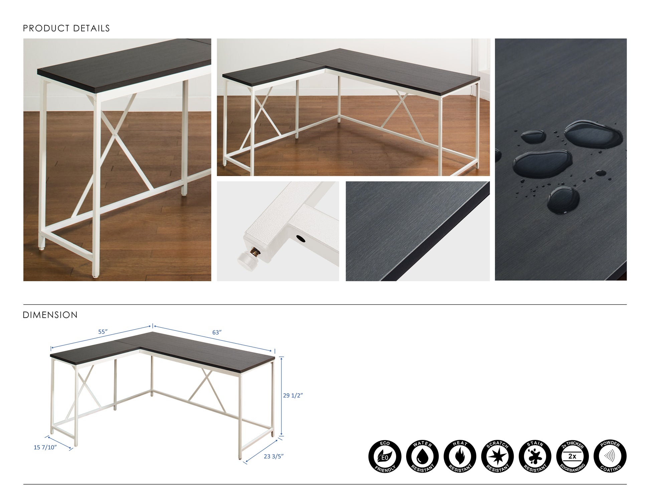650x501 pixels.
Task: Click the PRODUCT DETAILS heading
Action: tap(66, 28)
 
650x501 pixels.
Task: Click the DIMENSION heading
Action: tap(50, 315)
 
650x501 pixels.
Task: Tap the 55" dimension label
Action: tap(103, 332)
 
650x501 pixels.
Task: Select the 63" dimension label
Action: tap(217, 332)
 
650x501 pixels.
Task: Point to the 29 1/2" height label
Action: tap(293, 395)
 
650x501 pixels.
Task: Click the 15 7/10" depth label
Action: tap(45, 448)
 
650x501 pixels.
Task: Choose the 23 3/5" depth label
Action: tap(274, 456)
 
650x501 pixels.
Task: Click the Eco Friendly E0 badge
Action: tap(384, 457)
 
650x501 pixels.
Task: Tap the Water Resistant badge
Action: tap(422, 457)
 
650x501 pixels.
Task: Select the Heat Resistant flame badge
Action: tap(460, 457)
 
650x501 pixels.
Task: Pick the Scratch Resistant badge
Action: tap(497, 457)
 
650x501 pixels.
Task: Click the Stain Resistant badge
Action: tap(535, 457)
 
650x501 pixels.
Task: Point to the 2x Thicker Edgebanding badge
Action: tap(573, 457)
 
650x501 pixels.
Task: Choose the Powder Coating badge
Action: tap(610, 457)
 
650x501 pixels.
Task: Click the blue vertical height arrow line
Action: tap(282, 396)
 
